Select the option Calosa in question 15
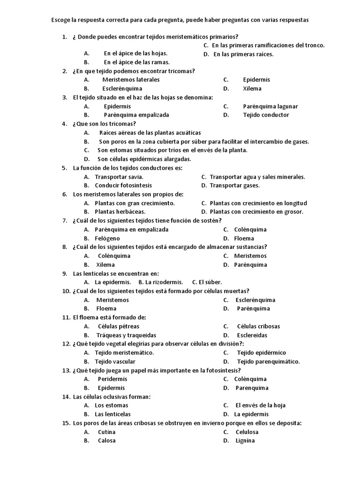(106, 440)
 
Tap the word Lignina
(245, 440)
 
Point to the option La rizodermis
(164, 282)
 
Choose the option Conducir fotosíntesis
(123, 185)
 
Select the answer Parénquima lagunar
(270, 106)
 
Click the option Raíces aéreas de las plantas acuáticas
(150, 133)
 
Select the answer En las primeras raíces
(243, 54)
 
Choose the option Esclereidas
(252, 335)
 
